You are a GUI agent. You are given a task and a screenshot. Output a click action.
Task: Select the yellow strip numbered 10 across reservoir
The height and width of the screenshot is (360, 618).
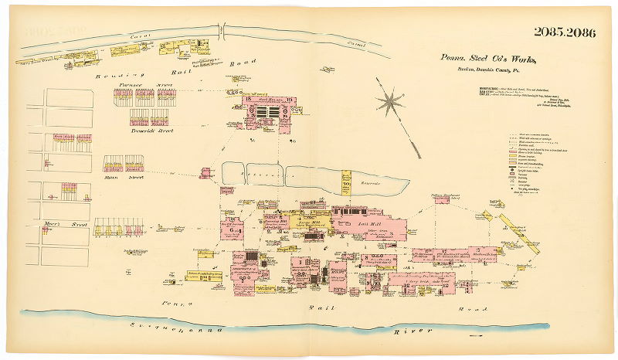(346, 183)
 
